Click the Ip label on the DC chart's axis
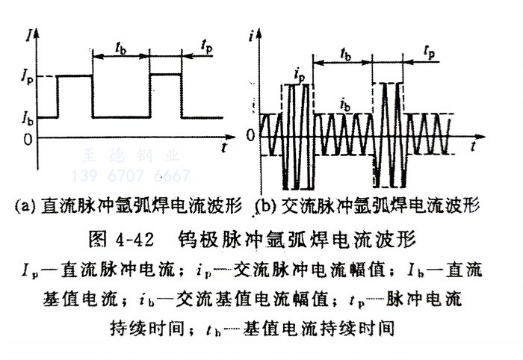point(26,76)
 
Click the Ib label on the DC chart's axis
point(26,118)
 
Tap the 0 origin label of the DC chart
point(28,139)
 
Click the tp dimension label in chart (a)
point(205,46)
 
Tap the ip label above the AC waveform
point(299,74)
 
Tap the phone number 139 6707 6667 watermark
point(142,176)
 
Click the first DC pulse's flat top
point(75,75)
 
